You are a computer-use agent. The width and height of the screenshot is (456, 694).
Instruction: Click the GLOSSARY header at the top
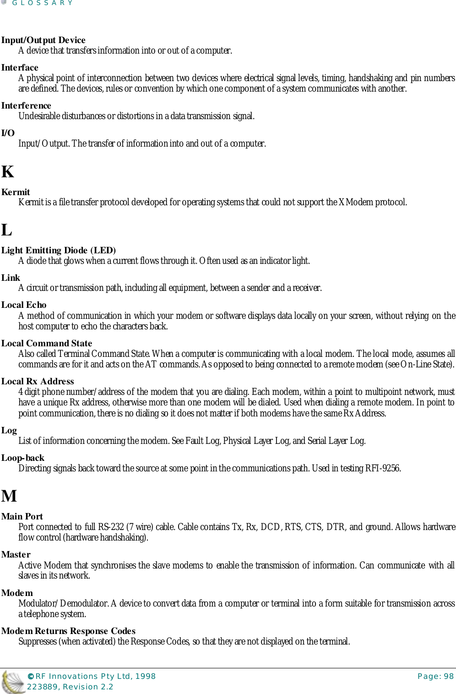(42, 3)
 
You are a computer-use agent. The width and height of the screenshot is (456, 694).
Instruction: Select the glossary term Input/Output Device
(43, 40)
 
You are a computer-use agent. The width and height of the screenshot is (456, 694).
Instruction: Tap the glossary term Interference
(26, 106)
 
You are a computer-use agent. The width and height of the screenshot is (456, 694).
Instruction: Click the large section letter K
(8, 172)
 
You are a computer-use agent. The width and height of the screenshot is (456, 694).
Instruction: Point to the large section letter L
(6, 230)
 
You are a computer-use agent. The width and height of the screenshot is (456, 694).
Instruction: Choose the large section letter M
(9, 496)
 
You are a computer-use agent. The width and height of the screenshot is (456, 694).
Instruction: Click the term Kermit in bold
(16, 192)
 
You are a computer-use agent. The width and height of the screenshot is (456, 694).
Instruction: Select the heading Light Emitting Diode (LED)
(58, 251)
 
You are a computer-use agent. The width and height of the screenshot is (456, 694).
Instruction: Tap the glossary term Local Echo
(24, 305)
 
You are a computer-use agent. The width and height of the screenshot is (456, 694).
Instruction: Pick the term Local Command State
(47, 344)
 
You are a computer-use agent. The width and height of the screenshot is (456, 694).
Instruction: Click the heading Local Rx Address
(38, 382)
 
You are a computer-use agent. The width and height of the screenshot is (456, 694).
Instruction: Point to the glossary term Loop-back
(23, 458)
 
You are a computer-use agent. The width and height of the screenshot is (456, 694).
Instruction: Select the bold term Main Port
(22, 517)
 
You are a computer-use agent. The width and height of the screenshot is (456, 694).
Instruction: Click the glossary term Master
(16, 555)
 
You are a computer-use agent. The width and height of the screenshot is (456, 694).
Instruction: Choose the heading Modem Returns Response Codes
(68, 631)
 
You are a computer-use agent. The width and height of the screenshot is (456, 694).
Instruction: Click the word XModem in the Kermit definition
(356, 202)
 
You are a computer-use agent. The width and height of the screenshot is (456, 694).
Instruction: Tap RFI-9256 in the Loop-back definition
(383, 469)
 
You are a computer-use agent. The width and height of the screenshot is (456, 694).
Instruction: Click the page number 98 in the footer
(449, 676)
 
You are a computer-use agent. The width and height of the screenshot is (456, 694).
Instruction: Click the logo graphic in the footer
(12, 682)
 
